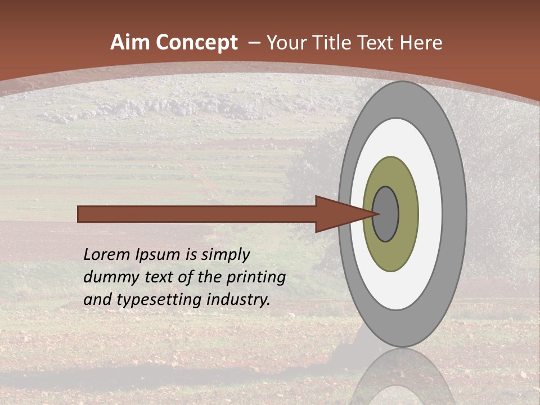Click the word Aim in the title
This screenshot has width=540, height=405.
point(131,43)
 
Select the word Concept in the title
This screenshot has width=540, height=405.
point(197,43)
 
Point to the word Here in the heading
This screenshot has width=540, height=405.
point(421,43)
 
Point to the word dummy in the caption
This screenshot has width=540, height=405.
point(107,278)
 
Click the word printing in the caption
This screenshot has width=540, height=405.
point(256,278)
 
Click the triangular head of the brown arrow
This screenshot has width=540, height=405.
point(343,214)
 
